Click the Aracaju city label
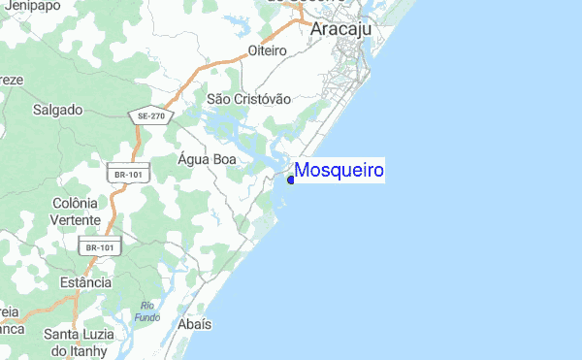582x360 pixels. tap(342, 30)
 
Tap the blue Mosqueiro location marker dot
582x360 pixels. tap(291, 179)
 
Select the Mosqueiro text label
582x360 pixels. tap(339, 171)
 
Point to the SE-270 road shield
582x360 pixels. tap(151, 115)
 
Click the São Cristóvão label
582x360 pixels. tap(249, 99)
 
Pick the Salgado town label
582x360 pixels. tap(57, 110)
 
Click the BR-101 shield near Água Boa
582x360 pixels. tap(128, 174)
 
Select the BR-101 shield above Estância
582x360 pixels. tap(100, 247)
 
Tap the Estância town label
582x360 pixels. tap(85, 282)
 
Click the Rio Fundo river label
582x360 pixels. tap(147, 312)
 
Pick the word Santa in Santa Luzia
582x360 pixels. tap(61, 335)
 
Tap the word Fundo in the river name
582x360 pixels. tap(147, 318)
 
